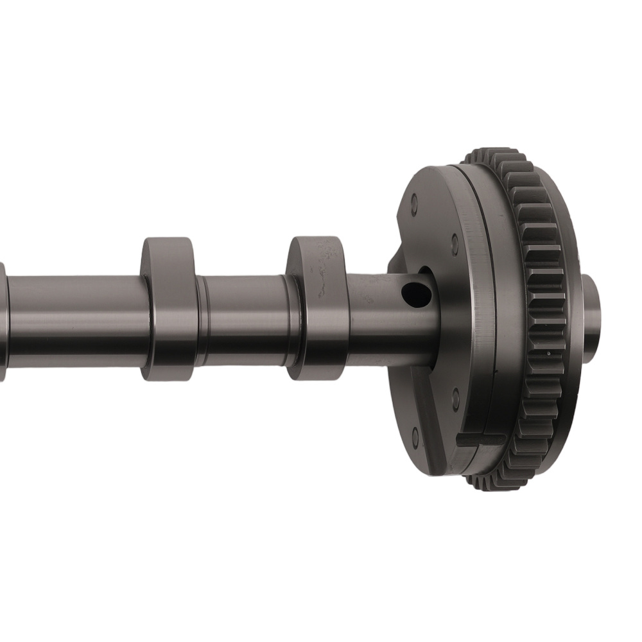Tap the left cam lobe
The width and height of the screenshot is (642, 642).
tap(168, 308)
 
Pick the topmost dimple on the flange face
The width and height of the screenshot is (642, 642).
tap(414, 207)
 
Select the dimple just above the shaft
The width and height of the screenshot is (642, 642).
tap(455, 244)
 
